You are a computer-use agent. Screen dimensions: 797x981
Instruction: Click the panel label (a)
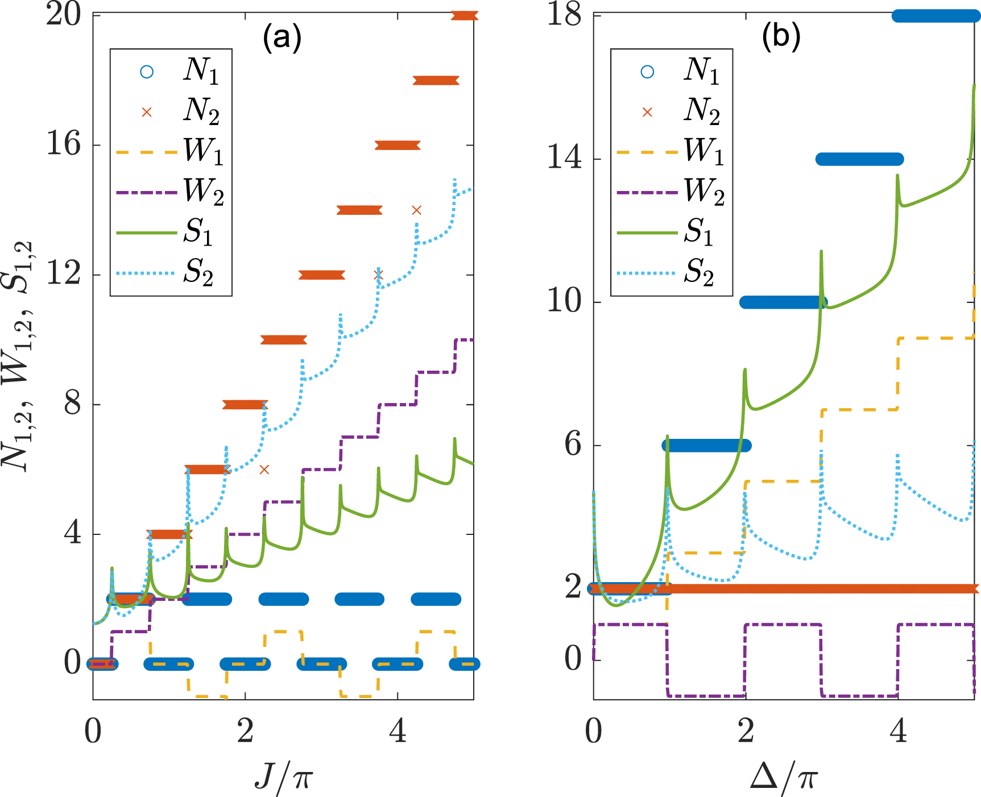(282, 39)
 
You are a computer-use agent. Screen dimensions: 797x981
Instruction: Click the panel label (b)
(781, 38)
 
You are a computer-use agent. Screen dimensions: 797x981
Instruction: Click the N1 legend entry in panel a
(171, 71)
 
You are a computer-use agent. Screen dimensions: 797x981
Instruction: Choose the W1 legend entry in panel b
(671, 151)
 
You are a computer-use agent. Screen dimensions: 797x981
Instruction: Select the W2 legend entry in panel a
(171, 192)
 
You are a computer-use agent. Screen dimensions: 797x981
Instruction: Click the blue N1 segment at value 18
(936, 16)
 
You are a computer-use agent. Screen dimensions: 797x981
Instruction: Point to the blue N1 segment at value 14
(859, 159)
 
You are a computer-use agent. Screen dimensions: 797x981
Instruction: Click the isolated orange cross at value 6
(264, 470)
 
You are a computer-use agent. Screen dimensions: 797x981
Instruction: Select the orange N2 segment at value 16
(398, 146)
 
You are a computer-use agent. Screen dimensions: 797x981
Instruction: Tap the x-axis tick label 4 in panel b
(897, 732)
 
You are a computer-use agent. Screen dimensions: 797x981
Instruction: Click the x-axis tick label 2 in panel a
(245, 732)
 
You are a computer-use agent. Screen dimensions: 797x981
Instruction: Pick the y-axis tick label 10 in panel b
(564, 301)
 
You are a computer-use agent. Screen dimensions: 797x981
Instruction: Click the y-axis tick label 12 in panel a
(63, 274)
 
